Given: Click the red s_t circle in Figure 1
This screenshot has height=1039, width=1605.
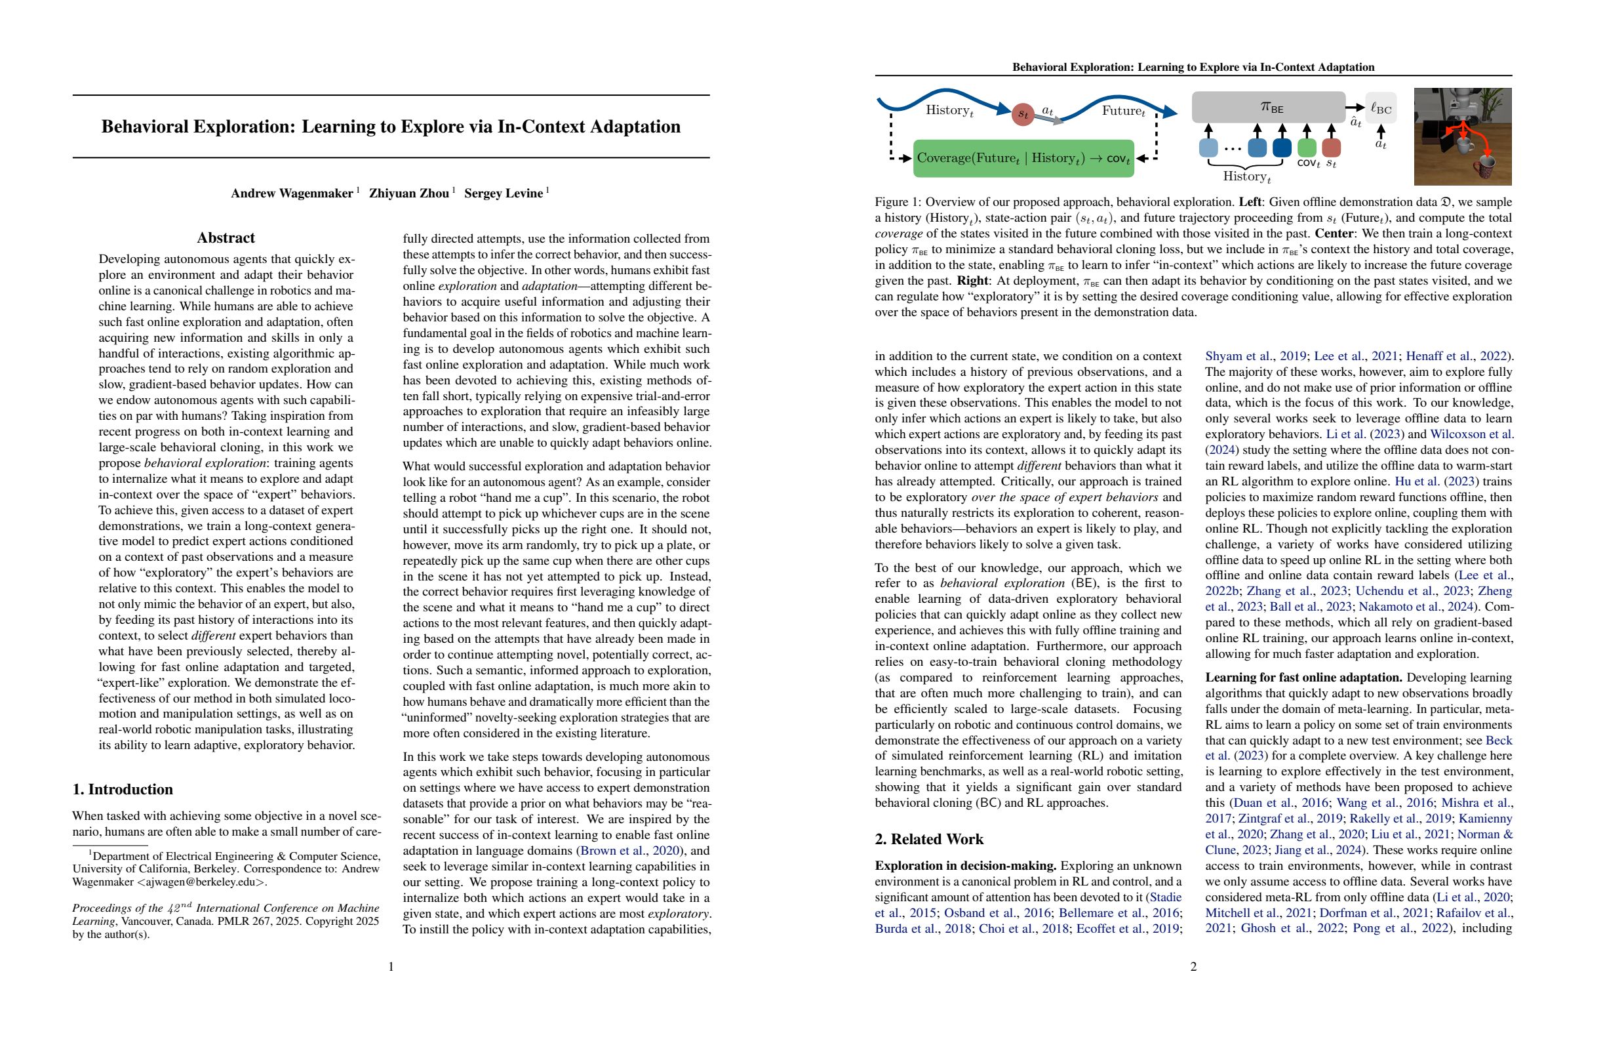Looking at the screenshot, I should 1023,113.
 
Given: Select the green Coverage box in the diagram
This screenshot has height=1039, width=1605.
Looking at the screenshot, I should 1023,159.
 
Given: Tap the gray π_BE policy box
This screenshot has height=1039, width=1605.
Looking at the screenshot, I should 1268,108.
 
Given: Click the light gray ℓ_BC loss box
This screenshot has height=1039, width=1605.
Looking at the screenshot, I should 1380,108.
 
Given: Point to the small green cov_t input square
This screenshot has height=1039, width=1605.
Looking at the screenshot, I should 1307,147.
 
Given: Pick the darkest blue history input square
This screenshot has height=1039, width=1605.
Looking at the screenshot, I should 1282,147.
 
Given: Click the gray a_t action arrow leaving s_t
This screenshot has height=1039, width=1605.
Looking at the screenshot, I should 1049,119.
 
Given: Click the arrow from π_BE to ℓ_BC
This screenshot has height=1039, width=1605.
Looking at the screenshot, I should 1355,108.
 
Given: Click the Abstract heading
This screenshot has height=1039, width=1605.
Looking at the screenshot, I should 226,237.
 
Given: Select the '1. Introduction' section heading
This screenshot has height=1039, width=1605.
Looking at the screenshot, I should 123,788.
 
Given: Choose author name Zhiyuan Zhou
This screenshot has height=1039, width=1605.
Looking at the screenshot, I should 408,194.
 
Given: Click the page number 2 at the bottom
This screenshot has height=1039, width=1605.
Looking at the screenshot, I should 1193,967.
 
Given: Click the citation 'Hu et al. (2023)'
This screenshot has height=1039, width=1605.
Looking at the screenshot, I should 1433,481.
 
